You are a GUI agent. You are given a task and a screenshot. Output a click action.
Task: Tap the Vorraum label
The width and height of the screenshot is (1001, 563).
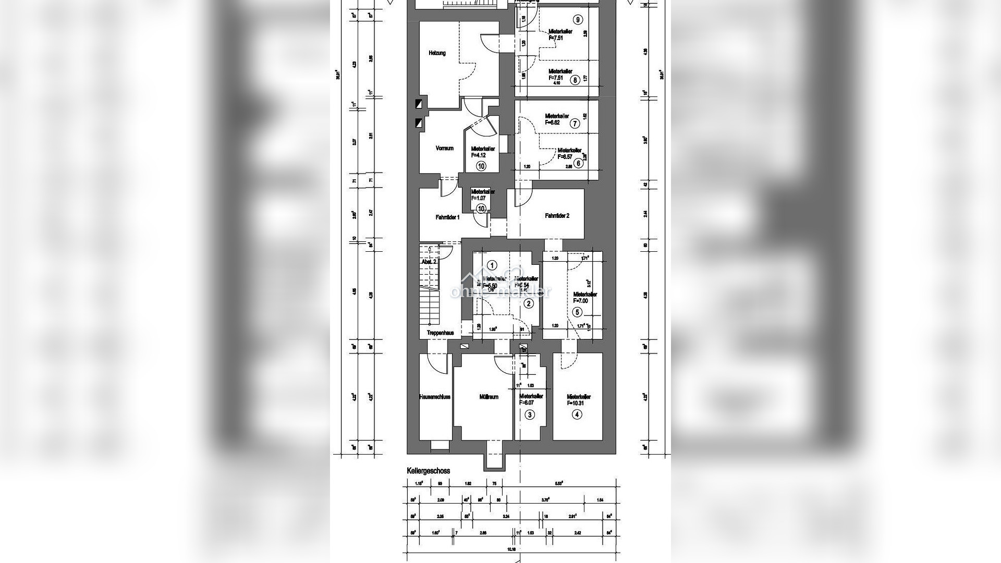pos(444,148)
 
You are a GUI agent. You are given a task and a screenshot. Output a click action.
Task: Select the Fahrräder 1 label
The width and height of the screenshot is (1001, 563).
pos(447,217)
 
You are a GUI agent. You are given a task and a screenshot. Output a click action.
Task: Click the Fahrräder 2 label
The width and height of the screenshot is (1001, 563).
pos(557,215)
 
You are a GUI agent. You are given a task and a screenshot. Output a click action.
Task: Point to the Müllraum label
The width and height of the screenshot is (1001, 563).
pos(489,397)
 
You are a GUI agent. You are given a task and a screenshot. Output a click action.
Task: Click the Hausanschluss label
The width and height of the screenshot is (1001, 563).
pos(435,397)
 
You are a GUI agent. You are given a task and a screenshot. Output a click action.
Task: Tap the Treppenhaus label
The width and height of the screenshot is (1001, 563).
pos(440,333)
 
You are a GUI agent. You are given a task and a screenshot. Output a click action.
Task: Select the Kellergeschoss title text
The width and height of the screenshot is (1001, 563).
pos(428,471)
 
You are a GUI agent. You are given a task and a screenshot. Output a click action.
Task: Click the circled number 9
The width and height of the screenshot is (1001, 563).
pos(577,20)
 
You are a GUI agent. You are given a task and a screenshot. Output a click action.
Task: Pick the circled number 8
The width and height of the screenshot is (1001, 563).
pos(575,80)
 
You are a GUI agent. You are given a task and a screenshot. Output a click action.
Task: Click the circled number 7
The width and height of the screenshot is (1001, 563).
pos(575,124)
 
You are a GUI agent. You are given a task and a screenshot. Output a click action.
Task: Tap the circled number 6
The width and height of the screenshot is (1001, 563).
pos(577,162)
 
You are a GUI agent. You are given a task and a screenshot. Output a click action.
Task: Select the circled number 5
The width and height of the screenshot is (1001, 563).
pos(577,312)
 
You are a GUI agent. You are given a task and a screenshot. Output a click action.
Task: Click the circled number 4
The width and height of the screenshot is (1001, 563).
pos(576,414)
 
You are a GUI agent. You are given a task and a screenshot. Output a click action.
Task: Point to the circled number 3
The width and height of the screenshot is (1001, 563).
pos(530,415)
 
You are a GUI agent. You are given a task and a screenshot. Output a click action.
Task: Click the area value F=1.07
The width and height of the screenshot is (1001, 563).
pos(478,198)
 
